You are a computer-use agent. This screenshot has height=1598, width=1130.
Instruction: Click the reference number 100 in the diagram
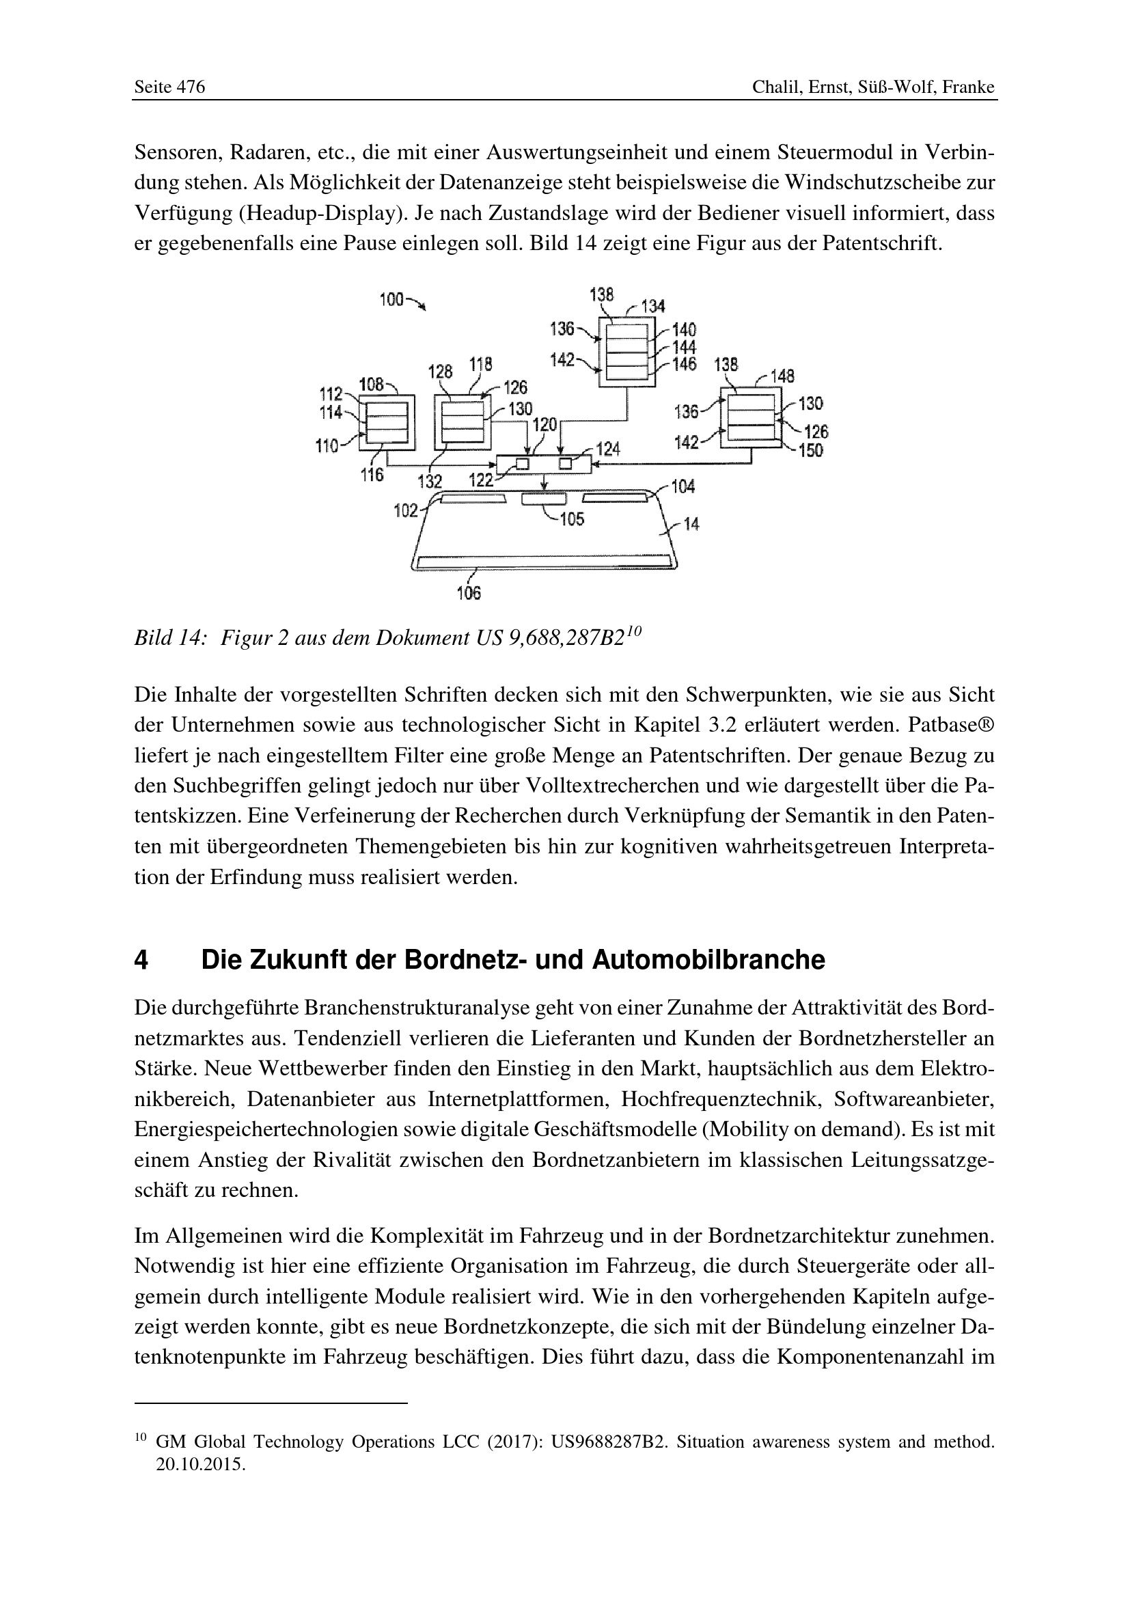pyautogui.click(x=391, y=299)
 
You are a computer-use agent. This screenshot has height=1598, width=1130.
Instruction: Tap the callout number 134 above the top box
pyautogui.click(x=652, y=306)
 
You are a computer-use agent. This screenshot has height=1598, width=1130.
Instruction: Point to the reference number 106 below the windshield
pyautogui.click(x=469, y=593)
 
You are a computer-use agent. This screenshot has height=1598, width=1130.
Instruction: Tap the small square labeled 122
pyautogui.click(x=522, y=463)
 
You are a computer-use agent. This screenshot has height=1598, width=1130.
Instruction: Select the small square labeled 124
pyautogui.click(x=566, y=463)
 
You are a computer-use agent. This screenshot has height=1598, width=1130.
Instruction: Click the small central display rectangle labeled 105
pyautogui.click(x=544, y=498)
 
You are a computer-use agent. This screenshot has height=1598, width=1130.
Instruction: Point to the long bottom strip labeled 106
pyautogui.click(x=544, y=561)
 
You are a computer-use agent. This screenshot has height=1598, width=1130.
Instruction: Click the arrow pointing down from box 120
pyautogui.click(x=544, y=482)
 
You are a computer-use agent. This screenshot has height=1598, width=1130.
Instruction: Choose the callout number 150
pyautogui.click(x=811, y=450)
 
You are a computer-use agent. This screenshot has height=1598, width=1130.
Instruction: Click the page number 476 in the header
pyautogui.click(x=190, y=87)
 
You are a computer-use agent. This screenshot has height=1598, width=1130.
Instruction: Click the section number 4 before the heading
pyautogui.click(x=141, y=961)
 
